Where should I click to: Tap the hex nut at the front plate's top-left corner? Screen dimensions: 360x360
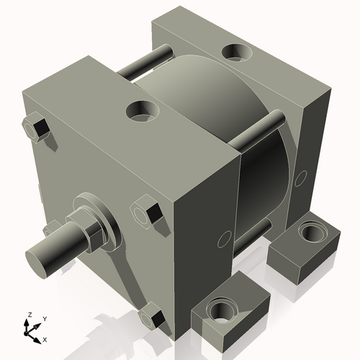37,128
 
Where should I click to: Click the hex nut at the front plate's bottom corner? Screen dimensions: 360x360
152,317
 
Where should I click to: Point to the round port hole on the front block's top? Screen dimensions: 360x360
143,110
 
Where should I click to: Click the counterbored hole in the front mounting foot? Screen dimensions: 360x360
220,312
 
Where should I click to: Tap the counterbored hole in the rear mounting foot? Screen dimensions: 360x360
312,233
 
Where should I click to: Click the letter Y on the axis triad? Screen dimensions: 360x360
44,318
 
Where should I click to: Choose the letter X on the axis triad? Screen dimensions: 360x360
45,338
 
